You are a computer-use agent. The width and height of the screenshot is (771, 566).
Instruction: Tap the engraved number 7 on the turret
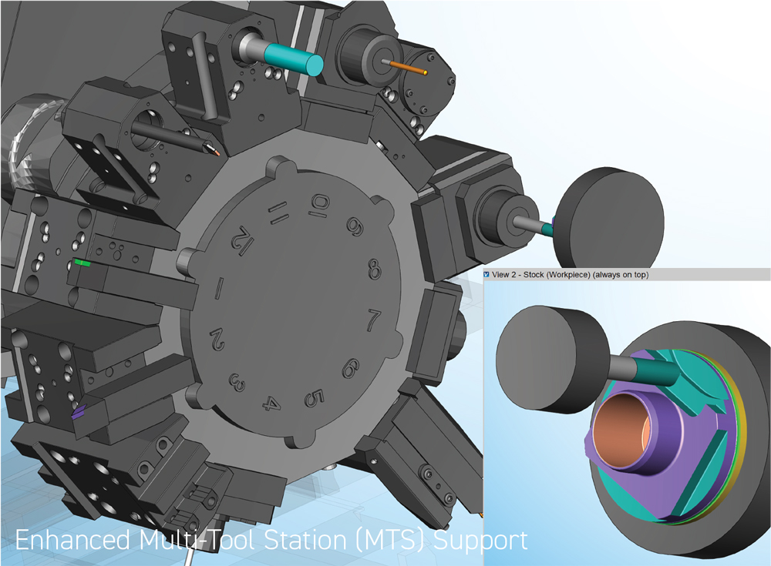point(373,320)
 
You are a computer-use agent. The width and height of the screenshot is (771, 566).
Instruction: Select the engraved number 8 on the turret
point(374,270)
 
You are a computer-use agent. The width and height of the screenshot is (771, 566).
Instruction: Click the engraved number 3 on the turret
point(237,382)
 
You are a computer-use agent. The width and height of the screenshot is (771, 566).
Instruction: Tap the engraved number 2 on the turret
point(217,340)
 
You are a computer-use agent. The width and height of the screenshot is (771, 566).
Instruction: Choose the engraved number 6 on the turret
point(350,368)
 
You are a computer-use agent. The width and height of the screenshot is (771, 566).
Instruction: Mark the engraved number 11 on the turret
point(277,213)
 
